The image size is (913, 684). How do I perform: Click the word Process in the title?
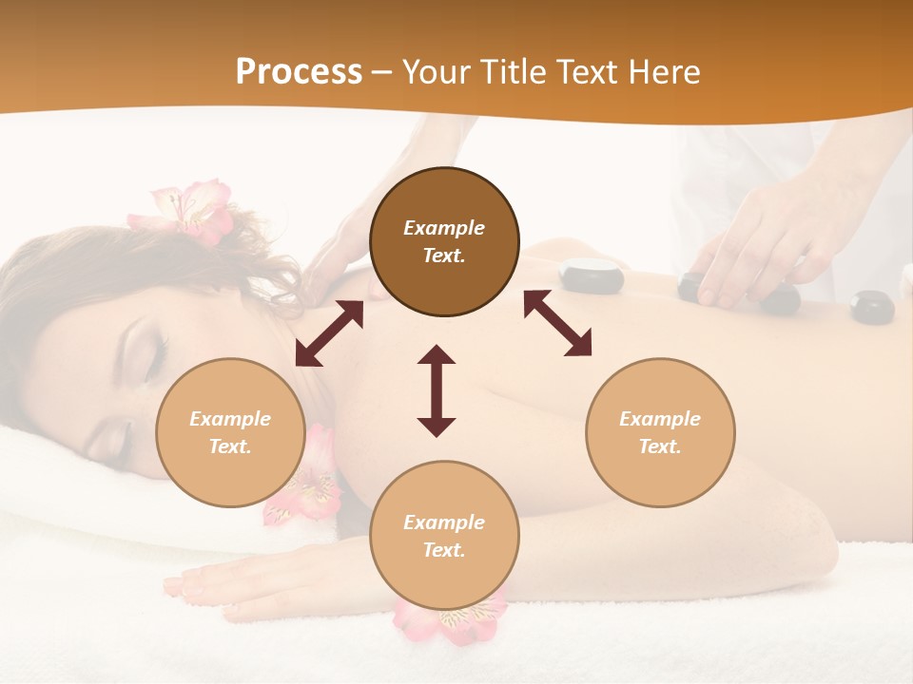[299, 72]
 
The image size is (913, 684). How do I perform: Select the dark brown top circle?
[444, 241]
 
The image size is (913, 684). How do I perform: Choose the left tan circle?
[230, 432]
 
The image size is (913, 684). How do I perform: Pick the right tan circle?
[660, 432]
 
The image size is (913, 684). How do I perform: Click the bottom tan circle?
[444, 536]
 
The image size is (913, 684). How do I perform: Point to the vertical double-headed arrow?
[437, 390]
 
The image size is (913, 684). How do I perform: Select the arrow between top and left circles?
[329, 333]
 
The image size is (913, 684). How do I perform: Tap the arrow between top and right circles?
[557, 323]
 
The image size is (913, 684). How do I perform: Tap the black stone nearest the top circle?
[591, 275]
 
